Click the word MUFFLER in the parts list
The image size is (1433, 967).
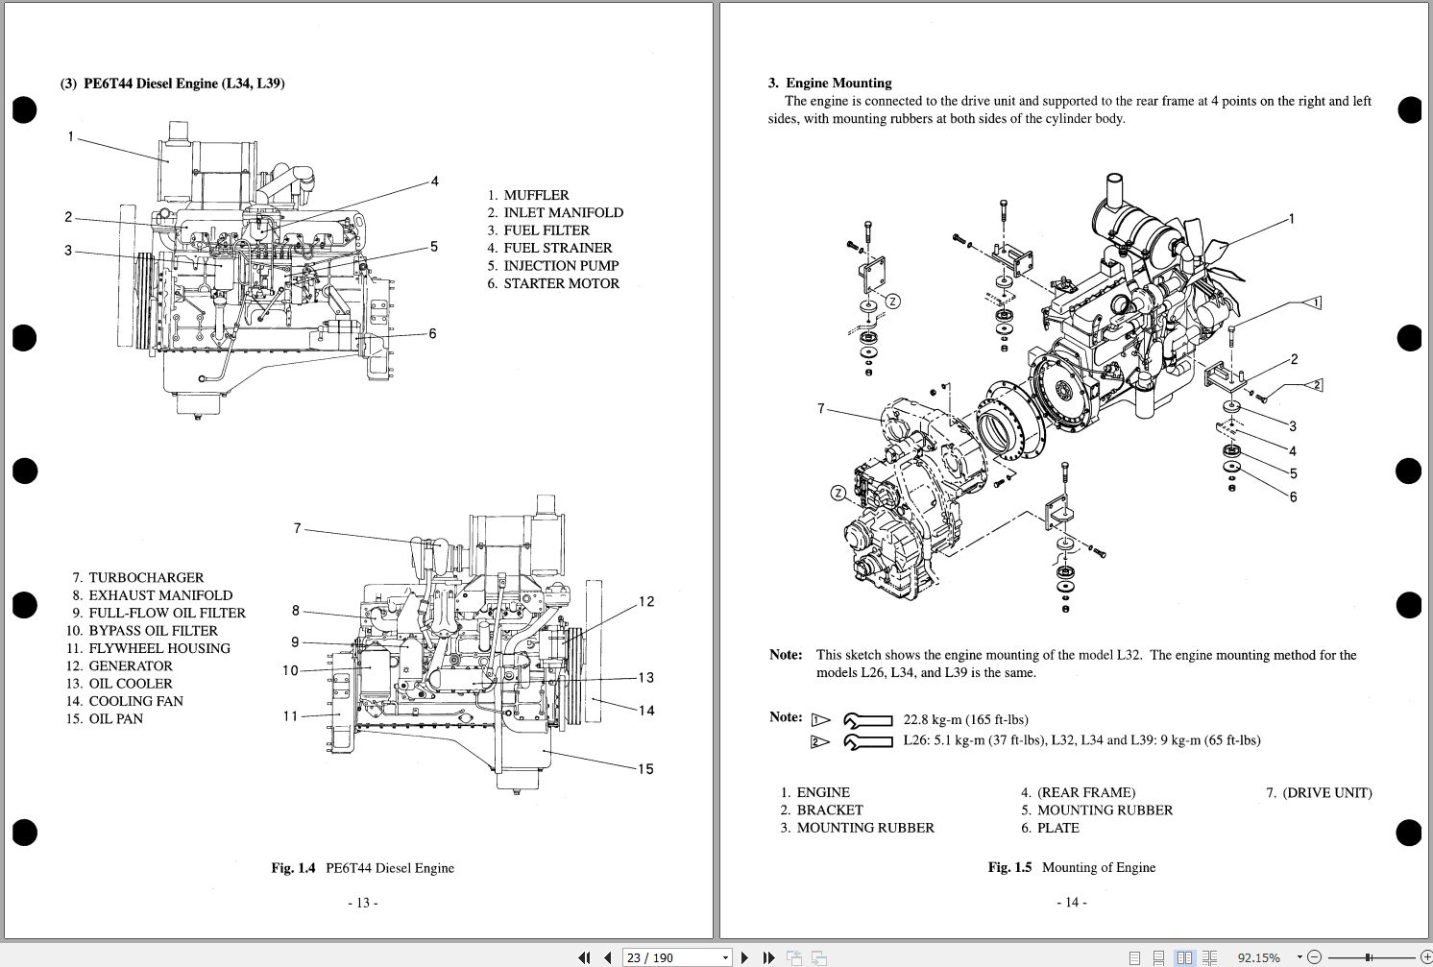point(536,195)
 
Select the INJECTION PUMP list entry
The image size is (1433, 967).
point(561,266)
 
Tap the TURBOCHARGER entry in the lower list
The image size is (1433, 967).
point(146,578)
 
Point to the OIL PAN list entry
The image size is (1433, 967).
point(115,719)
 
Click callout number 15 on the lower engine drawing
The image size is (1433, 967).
point(644,769)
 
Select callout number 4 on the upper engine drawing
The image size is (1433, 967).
point(434,181)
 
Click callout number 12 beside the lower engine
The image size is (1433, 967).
point(645,602)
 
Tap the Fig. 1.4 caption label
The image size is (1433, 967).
point(293,868)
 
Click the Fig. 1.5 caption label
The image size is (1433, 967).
point(1009,867)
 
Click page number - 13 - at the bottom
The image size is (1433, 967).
point(362,903)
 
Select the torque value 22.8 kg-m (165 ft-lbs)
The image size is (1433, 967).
point(965,720)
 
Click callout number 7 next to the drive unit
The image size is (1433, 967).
point(821,409)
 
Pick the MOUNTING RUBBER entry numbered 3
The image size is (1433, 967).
point(864,828)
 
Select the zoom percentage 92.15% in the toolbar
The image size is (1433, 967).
point(1258,957)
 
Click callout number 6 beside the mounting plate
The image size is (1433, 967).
point(1293,497)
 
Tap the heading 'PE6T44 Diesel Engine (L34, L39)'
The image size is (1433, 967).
point(183,84)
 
